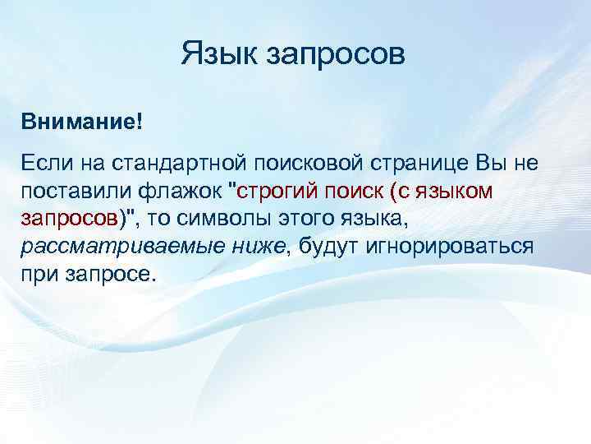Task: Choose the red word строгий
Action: [281, 192]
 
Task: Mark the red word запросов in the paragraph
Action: [68, 220]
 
